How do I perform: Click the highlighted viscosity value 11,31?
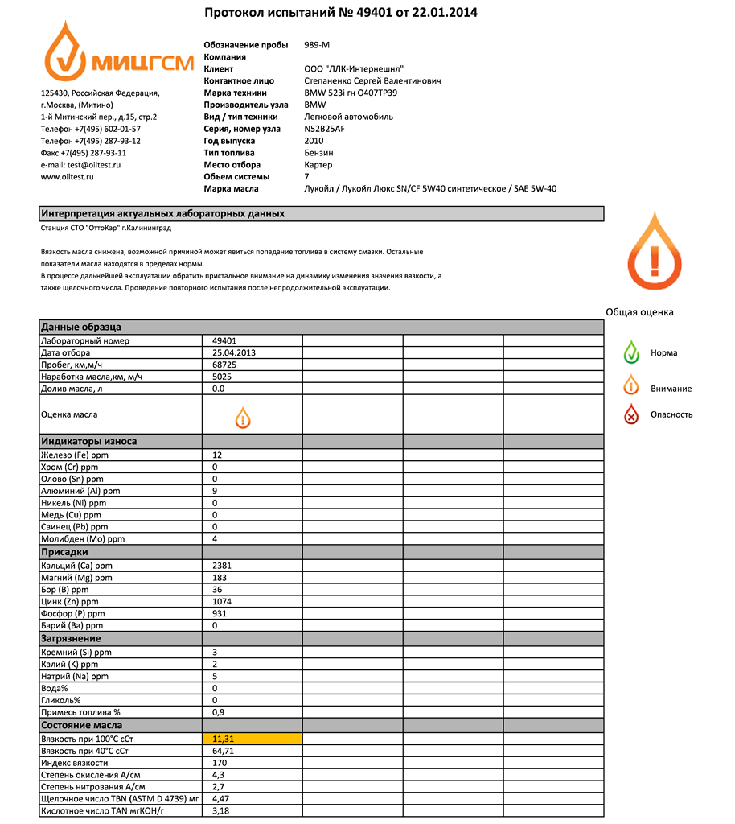tap(223, 739)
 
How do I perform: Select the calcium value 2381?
tap(222, 565)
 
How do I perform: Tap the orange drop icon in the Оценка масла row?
tap(243, 417)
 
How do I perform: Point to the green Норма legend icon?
tap(632, 352)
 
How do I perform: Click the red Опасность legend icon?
tap(632, 414)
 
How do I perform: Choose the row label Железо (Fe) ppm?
tap(75, 455)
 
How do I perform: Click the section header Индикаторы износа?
tap(89, 441)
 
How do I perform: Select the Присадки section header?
tap(65, 552)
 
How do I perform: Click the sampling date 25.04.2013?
tap(234, 352)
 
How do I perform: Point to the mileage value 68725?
tap(224, 365)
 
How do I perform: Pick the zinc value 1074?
tap(222, 601)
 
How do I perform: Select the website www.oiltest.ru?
tap(68, 176)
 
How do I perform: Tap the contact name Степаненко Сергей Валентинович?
tap(372, 81)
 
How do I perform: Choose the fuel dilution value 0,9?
tap(218, 712)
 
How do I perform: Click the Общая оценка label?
tap(639, 312)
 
